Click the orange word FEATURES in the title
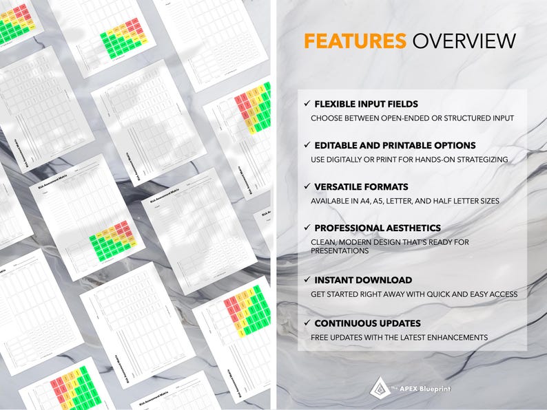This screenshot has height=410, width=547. (355, 41)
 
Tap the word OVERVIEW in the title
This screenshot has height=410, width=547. (464, 41)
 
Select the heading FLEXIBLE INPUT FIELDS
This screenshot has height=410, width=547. (366, 105)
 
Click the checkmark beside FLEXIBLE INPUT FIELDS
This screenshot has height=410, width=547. (307, 104)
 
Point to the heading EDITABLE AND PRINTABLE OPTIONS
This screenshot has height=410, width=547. (395, 146)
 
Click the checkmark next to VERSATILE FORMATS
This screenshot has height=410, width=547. (307, 186)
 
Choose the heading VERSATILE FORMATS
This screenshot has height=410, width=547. (361, 187)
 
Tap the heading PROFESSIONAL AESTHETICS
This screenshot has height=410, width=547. (378, 228)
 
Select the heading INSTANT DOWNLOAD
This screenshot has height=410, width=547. (363, 281)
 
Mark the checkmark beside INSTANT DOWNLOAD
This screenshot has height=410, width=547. (307, 280)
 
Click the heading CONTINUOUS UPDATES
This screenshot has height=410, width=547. (367, 323)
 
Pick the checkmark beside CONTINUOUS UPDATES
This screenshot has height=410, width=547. (307, 323)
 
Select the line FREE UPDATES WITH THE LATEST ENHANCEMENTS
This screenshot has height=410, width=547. (399, 337)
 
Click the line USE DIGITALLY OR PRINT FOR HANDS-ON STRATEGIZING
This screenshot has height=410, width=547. (409, 160)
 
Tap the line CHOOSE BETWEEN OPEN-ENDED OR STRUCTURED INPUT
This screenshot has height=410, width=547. (412, 118)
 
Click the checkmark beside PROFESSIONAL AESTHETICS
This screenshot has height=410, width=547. (307, 227)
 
